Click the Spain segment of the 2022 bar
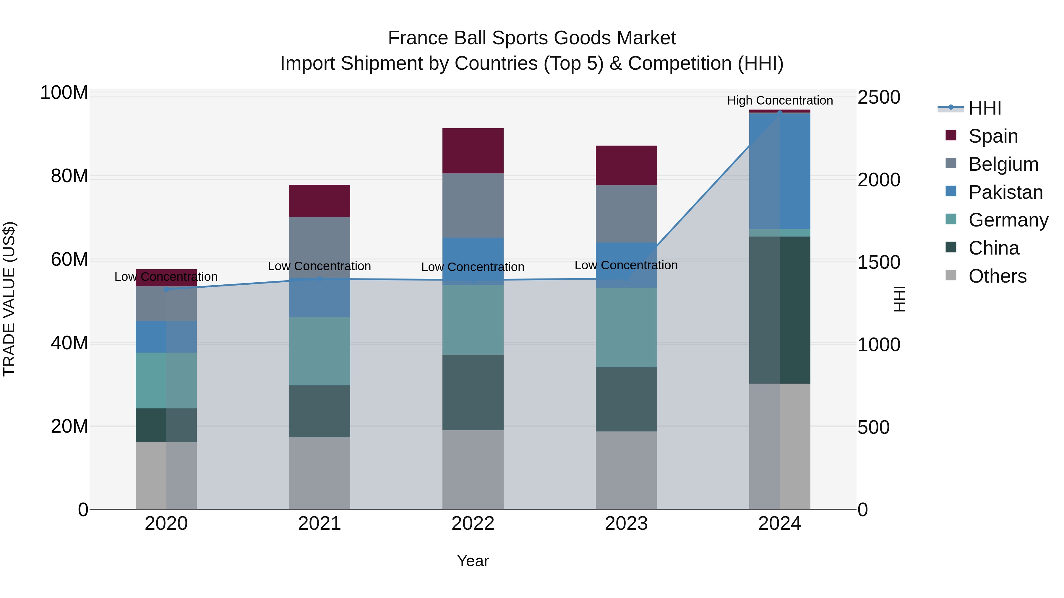pyautogui.click(x=473, y=151)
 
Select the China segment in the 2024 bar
pyautogui.click(x=780, y=309)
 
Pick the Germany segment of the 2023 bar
pyautogui.click(x=626, y=327)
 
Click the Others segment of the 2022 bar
pyautogui.click(x=473, y=470)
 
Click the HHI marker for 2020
pyautogui.click(x=166, y=289)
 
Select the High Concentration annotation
pyautogui.click(x=780, y=101)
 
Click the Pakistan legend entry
pyautogui.click(x=1005, y=192)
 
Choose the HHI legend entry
pyautogui.click(x=985, y=108)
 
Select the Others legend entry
pyautogui.click(x=997, y=276)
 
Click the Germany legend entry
pyautogui.click(x=1008, y=220)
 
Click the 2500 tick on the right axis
pyautogui.click(x=879, y=97)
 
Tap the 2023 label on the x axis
pyautogui.click(x=626, y=524)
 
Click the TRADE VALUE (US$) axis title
pyautogui.click(x=9, y=299)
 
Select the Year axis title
pyautogui.click(x=473, y=561)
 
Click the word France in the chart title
pyautogui.click(x=418, y=38)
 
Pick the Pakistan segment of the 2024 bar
pyautogui.click(x=780, y=171)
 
